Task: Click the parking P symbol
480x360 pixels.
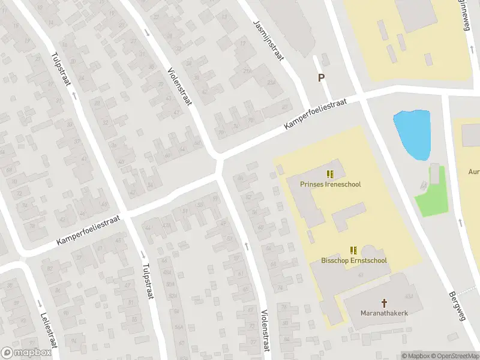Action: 321,77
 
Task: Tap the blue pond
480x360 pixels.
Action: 413,134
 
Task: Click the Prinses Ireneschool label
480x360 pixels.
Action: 330,185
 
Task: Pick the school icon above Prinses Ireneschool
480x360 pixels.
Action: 330,174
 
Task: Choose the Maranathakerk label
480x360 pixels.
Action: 384,313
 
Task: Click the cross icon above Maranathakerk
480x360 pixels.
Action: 384,303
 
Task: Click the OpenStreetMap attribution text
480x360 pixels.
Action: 454,356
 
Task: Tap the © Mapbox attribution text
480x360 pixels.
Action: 415,356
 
